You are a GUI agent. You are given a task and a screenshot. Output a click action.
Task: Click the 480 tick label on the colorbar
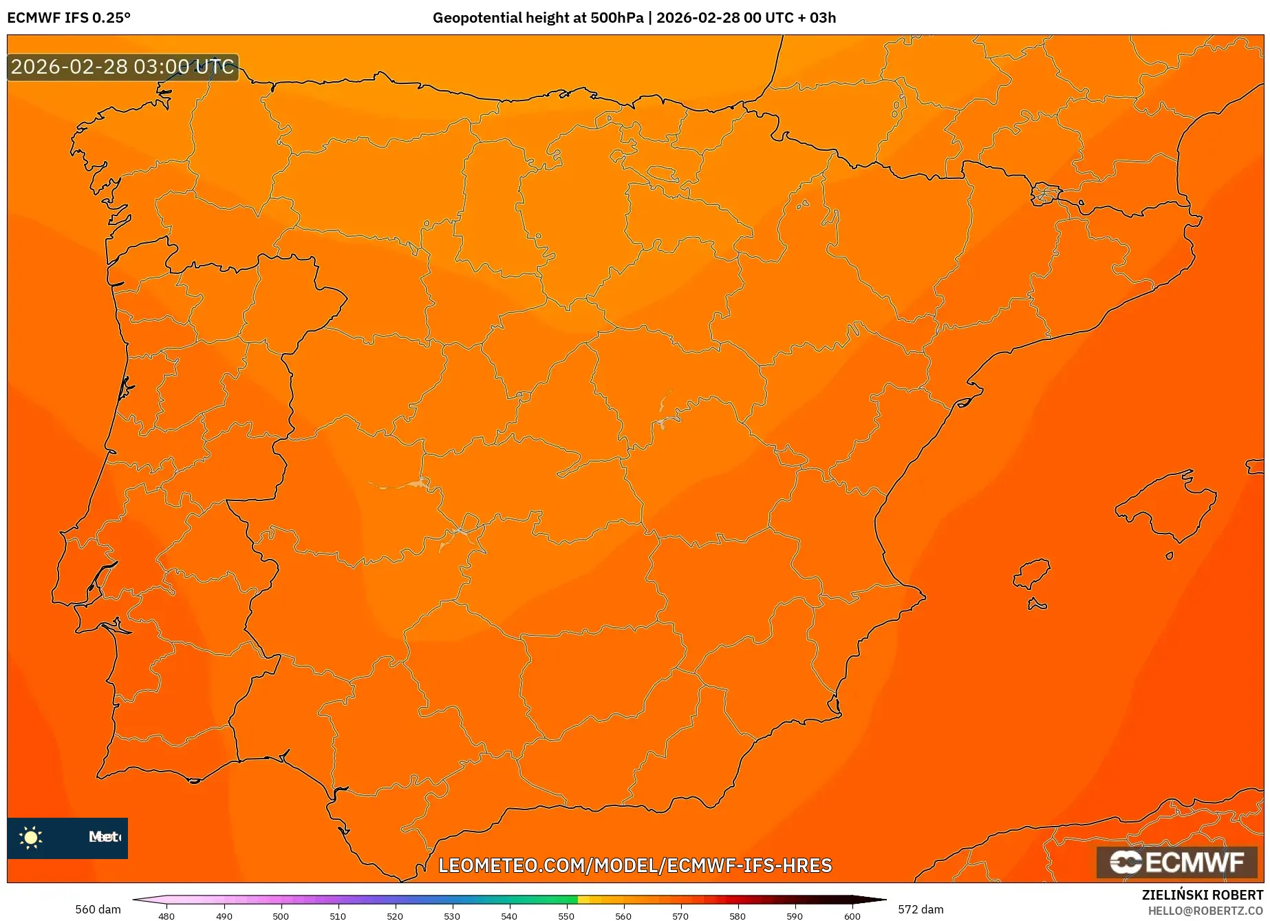click(166, 916)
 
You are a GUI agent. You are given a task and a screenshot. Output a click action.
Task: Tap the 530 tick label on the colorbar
click(452, 916)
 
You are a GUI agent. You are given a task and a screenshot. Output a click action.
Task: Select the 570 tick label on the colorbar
click(680, 916)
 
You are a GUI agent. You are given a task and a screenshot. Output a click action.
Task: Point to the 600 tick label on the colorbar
click(852, 916)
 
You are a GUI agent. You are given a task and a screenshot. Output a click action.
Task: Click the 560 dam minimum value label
click(98, 909)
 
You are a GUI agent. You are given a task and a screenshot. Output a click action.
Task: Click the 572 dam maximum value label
click(921, 909)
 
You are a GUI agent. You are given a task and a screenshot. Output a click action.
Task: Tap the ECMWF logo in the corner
click(1176, 862)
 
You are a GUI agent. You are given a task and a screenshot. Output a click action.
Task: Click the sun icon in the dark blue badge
click(31, 837)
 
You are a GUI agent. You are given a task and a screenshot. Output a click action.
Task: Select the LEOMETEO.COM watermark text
click(635, 865)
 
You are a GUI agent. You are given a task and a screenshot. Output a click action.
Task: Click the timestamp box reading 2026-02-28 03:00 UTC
click(122, 67)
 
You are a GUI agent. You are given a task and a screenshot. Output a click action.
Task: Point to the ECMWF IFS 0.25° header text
click(69, 18)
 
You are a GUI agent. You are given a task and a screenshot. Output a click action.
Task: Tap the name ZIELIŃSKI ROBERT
click(1203, 895)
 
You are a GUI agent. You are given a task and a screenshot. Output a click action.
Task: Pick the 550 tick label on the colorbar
click(566, 916)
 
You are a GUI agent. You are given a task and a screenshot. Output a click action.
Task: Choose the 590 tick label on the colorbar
click(795, 916)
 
